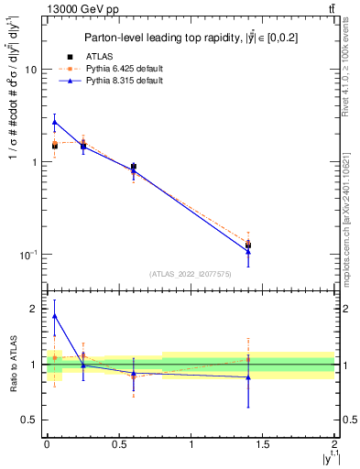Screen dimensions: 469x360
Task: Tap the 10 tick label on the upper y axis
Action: click(30, 70)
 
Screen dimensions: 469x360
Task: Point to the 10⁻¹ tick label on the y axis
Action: click(28, 254)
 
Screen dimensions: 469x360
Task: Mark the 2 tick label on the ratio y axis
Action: click(34, 309)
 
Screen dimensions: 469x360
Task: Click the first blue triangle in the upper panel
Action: click(54, 122)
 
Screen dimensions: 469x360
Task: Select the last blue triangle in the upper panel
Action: click(248, 251)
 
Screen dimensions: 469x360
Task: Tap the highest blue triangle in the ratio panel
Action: click(54, 316)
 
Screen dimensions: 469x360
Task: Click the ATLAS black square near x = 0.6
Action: click(133, 167)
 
